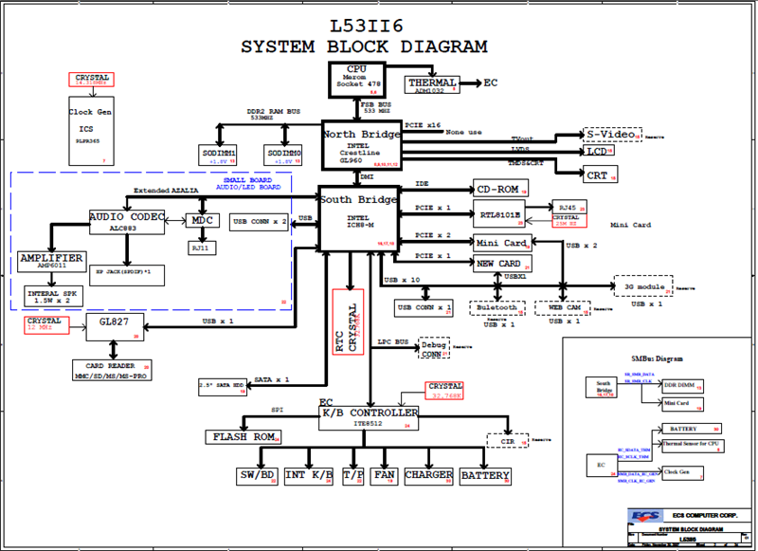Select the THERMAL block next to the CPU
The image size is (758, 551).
pos(432,84)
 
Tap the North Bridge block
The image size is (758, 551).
pos(361,144)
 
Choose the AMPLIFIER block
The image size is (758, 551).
pos(50,262)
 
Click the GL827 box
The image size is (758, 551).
pos(115,327)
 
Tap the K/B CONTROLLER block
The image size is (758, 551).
pos(370,417)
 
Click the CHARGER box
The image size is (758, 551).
pos(428,475)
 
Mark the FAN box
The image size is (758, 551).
pos(383,475)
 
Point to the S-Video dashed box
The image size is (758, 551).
pos(611,134)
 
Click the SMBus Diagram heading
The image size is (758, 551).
pos(657,359)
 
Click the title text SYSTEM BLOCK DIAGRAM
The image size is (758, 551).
pos(365,46)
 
